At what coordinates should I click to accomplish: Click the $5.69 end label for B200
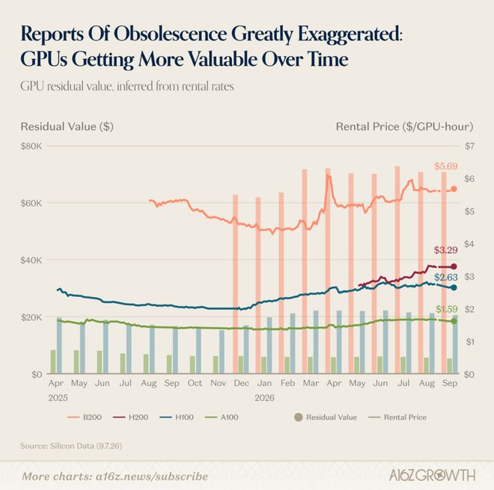coord(446,166)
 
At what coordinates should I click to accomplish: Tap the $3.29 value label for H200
coord(446,250)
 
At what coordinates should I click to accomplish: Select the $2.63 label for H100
coord(446,277)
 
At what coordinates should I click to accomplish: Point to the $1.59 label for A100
coord(447,309)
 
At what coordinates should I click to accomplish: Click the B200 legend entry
coord(85,417)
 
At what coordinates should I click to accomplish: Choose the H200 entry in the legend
coord(130,417)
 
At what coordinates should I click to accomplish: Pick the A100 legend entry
coord(222,417)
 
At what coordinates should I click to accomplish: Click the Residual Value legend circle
coord(299,417)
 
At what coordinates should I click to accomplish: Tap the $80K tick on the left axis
coord(31,146)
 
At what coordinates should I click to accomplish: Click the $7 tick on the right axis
coord(469,146)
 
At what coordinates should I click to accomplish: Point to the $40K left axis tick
coord(31,260)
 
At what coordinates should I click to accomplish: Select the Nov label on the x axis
coord(218,383)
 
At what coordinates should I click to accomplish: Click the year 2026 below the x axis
coord(265,398)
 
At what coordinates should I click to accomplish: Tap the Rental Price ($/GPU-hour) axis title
coord(404,126)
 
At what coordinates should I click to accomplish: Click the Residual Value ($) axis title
coord(67,126)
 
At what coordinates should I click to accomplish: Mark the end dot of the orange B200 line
coord(454,189)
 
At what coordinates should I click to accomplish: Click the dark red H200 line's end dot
coord(454,267)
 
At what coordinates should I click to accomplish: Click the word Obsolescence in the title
coord(170,34)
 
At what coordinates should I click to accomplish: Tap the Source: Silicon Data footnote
coord(71,446)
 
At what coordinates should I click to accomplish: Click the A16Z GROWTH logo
coord(433,475)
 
